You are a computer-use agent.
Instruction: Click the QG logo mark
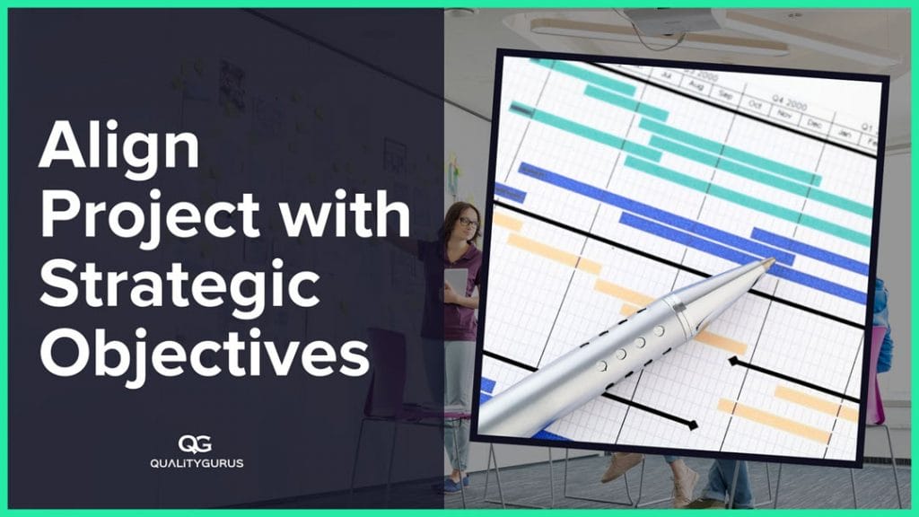click(x=197, y=444)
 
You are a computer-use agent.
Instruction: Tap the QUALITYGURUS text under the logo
click(x=197, y=463)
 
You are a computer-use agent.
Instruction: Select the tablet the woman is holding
click(x=457, y=282)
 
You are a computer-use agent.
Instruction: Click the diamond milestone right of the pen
click(x=733, y=362)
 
